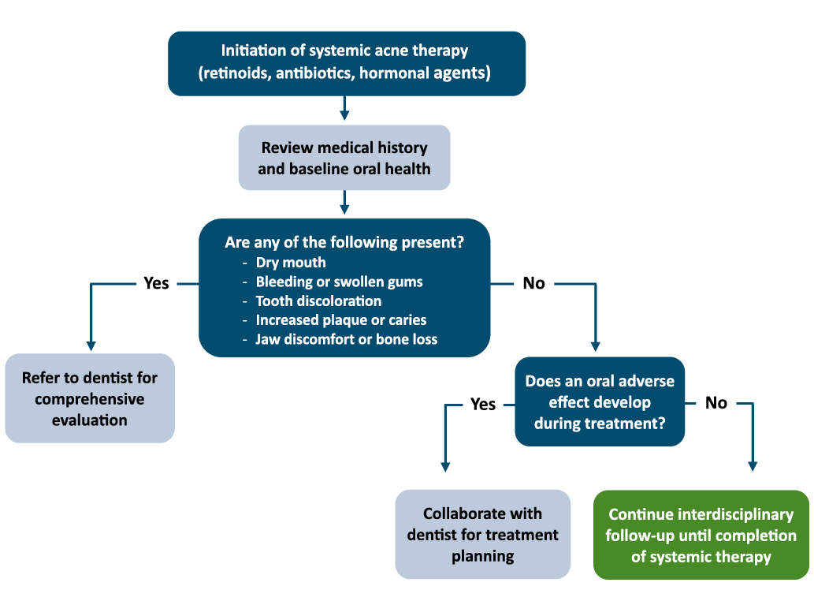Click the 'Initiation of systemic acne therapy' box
pyautogui.click(x=347, y=63)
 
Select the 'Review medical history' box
pyautogui.click(x=344, y=158)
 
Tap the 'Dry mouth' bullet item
pyautogui.click(x=291, y=263)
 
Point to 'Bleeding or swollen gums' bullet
pyautogui.click(x=339, y=282)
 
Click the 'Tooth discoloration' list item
pyautogui.click(x=318, y=301)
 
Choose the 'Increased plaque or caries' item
pyautogui.click(x=341, y=320)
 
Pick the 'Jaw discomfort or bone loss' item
pyautogui.click(x=346, y=339)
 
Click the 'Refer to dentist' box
pyautogui.click(x=90, y=398)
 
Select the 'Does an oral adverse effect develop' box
pyautogui.click(x=600, y=401)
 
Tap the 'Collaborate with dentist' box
pyautogui.click(x=483, y=534)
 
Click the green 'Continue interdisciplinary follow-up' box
pyautogui.click(x=701, y=535)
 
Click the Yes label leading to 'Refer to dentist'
pyautogui.click(x=156, y=283)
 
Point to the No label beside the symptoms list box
pyautogui.click(x=533, y=283)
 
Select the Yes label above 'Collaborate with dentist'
pyautogui.click(x=483, y=405)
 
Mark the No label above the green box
pyautogui.click(x=716, y=403)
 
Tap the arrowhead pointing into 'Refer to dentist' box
pyautogui.click(x=91, y=345)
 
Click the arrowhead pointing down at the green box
pyautogui.click(x=753, y=466)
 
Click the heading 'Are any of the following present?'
pyautogui.click(x=344, y=242)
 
